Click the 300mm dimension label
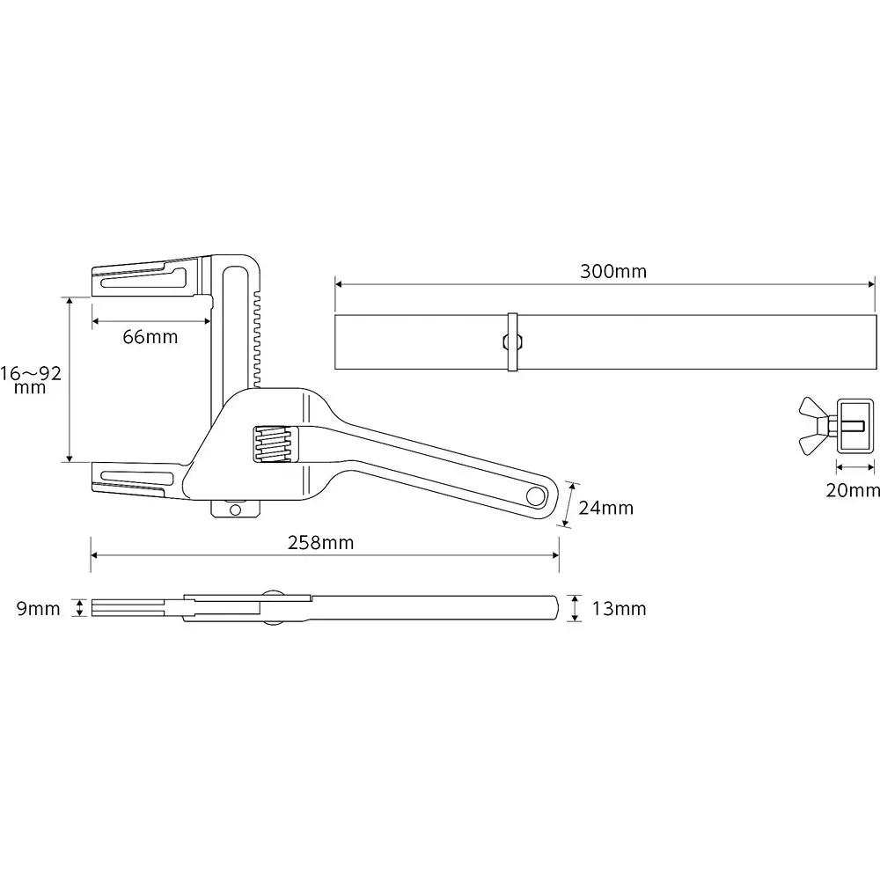click(612, 271)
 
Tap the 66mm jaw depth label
click(150, 337)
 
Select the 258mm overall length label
click(320, 543)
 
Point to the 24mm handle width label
click(606, 508)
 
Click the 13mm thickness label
click(619, 609)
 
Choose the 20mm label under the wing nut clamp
click(852, 490)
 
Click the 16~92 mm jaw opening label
click(31, 380)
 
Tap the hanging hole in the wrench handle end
click(535, 496)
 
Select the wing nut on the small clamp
click(813, 425)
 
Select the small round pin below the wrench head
click(234, 509)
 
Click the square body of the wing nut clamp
click(853, 425)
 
